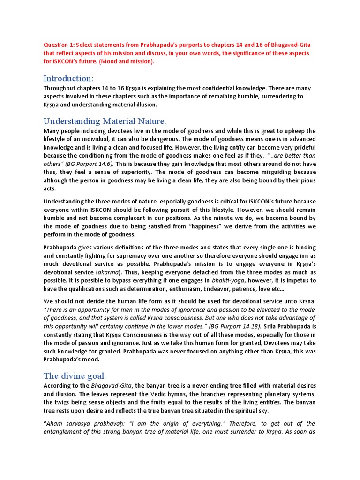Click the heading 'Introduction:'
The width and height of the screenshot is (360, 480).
point(68,78)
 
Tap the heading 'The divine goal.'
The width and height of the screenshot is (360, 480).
point(75,375)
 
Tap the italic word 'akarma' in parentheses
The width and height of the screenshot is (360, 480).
point(106,272)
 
